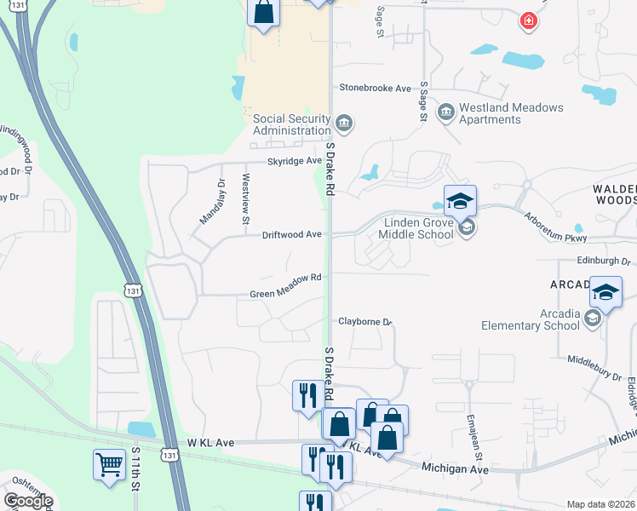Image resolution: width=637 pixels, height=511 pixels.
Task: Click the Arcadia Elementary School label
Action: (531, 319)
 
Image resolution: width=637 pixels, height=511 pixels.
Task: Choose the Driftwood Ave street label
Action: (291, 233)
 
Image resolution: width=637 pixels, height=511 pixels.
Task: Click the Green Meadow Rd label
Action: (285, 278)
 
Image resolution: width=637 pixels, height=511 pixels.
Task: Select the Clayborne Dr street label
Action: (364, 322)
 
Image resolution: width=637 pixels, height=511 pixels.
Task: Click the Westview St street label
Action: (245, 199)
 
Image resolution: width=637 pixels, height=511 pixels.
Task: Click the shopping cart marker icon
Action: (109, 465)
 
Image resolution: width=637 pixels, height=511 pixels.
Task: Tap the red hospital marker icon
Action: (529, 20)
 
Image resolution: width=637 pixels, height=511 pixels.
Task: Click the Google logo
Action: (28, 501)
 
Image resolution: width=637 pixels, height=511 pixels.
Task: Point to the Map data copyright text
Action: (600, 504)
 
